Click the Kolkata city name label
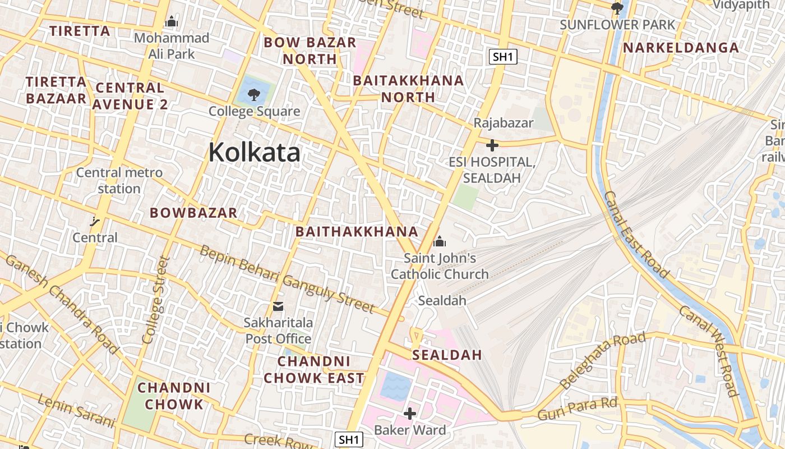(x=254, y=153)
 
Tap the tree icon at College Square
(x=254, y=94)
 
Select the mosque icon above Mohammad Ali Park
(x=171, y=22)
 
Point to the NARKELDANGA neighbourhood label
(x=681, y=48)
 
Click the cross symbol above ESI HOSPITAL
(x=492, y=146)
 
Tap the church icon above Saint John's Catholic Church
(x=440, y=242)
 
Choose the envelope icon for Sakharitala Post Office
(x=278, y=306)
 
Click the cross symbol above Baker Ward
(x=410, y=414)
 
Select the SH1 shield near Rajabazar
(x=502, y=56)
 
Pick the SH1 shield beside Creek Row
(x=348, y=439)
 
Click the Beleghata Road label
(x=603, y=360)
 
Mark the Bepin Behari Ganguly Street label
(x=287, y=278)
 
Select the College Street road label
(x=156, y=300)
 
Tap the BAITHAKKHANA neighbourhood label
(x=357, y=232)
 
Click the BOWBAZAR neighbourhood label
(x=193, y=213)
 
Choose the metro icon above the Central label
(x=95, y=221)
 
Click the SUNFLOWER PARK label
(x=617, y=25)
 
